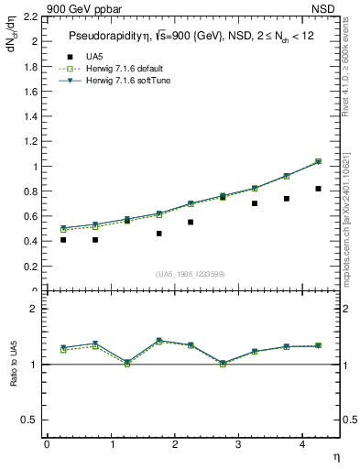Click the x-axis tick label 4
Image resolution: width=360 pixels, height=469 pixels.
[x=301, y=444]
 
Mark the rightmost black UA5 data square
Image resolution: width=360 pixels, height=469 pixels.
[x=318, y=189]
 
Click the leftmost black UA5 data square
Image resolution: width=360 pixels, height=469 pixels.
[x=63, y=240]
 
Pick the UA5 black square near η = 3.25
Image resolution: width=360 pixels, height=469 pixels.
[x=255, y=203]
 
